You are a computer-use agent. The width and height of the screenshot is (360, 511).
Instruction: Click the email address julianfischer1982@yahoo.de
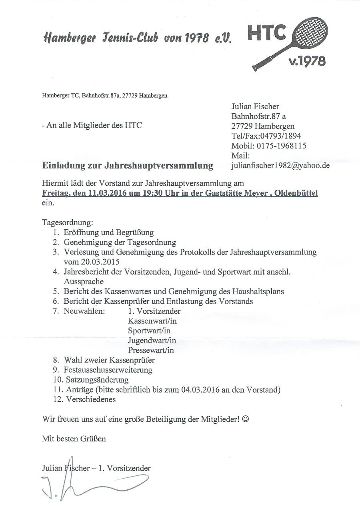pyautogui.click(x=280, y=165)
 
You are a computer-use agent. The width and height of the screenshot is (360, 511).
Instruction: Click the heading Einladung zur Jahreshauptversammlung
pyautogui.click(x=128, y=166)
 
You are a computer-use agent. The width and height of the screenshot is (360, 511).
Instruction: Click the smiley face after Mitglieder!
pyautogui.click(x=246, y=419)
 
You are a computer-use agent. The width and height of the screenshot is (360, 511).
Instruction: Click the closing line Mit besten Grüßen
pyautogui.click(x=74, y=439)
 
